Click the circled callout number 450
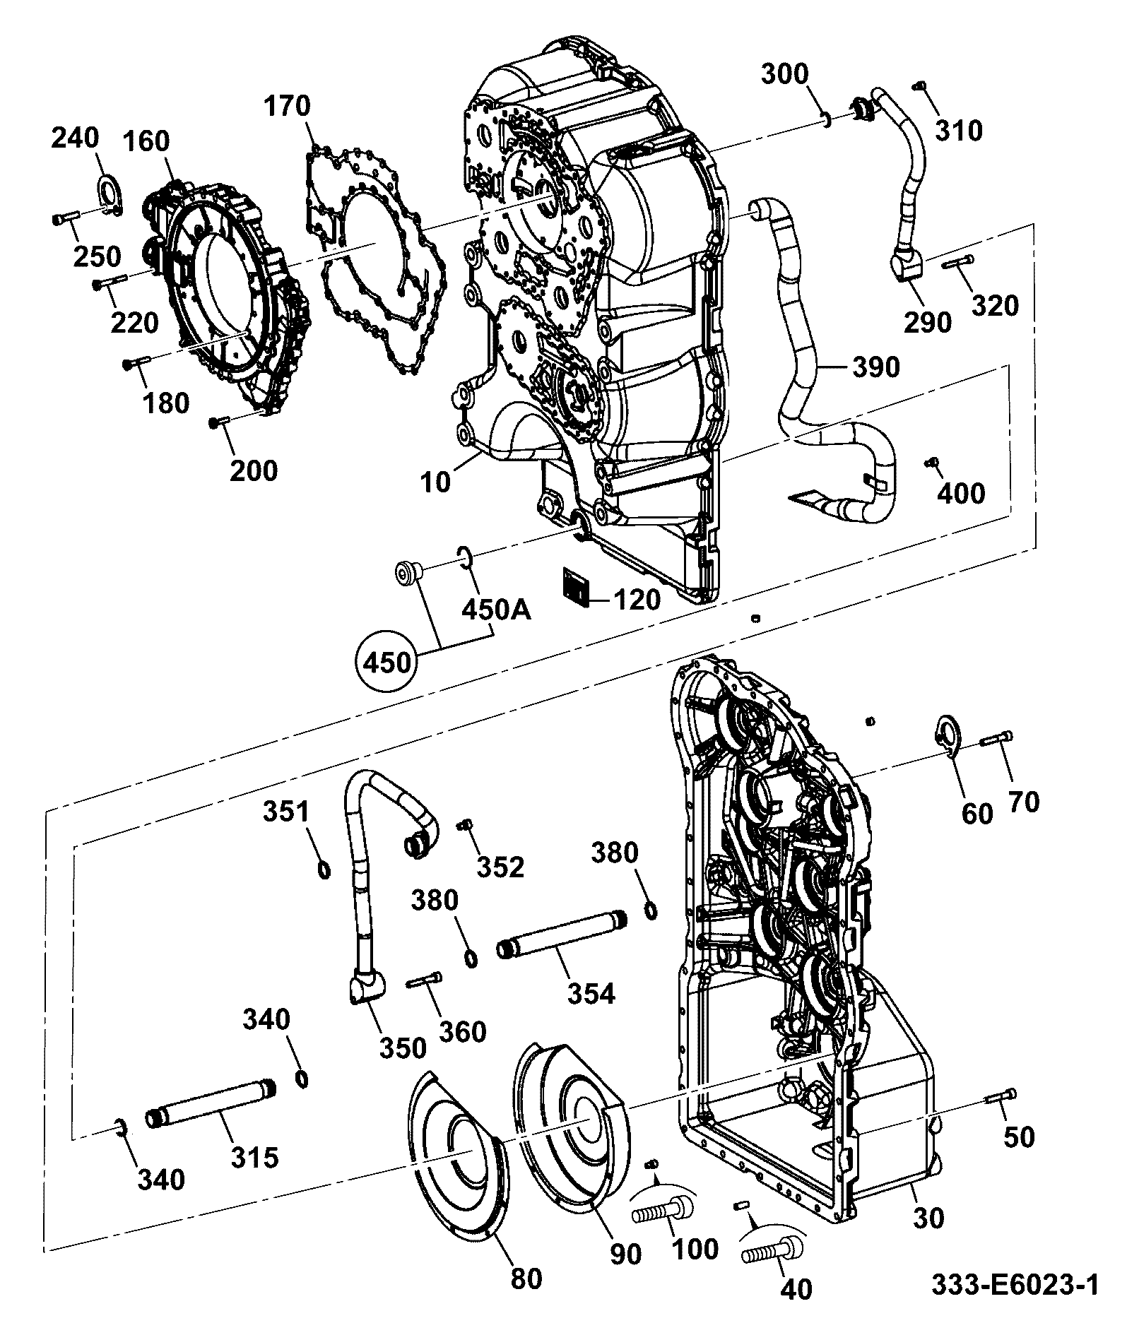(387, 663)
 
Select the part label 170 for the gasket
(288, 106)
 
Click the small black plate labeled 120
(576, 586)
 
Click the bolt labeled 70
(997, 740)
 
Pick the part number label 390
(876, 367)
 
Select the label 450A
(496, 609)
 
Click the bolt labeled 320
(957, 263)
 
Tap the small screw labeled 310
(920, 85)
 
